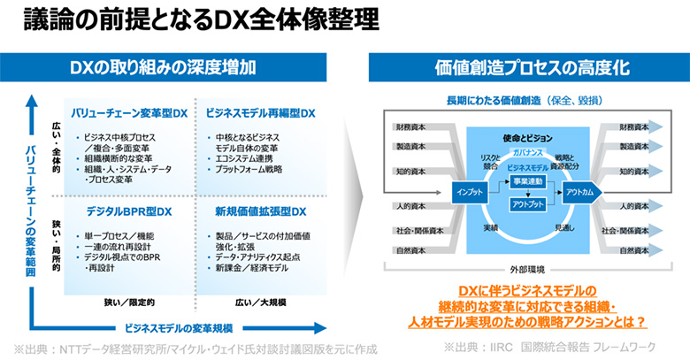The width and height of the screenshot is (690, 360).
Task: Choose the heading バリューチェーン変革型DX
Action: (x=131, y=113)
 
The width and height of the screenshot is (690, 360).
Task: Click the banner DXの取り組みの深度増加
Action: (x=177, y=66)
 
